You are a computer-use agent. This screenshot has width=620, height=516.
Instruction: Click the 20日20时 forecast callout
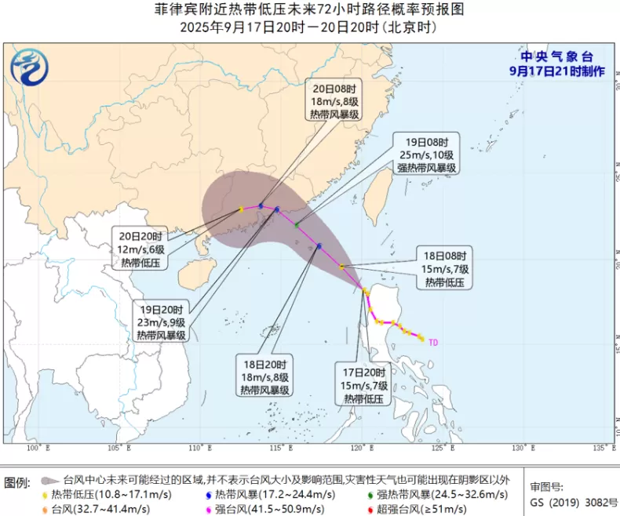point(142,249)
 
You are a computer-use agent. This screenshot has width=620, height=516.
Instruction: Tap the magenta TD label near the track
point(433,342)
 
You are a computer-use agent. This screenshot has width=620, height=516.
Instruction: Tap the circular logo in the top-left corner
point(30,67)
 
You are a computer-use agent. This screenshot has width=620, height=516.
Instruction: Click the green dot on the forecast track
point(297,225)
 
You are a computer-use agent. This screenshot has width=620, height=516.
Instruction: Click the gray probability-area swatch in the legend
point(49,479)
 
